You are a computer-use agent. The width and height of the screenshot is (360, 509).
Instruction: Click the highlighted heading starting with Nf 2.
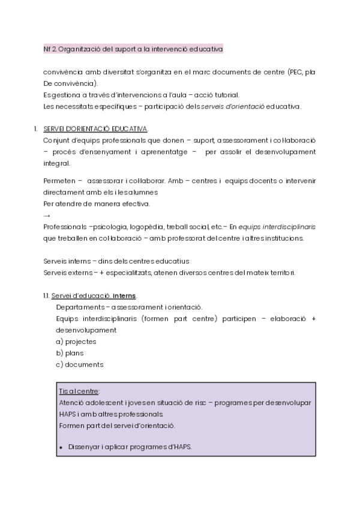[x=129, y=48]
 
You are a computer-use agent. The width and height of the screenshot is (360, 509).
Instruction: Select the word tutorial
[x=225, y=95]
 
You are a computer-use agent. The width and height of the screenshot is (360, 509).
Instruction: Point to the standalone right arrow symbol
[x=47, y=215]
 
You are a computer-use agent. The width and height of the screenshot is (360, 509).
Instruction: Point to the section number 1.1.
[x=46, y=296]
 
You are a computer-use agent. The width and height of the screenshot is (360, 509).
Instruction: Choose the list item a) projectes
[x=76, y=342]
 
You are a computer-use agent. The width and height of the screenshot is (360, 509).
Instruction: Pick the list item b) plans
[x=70, y=353]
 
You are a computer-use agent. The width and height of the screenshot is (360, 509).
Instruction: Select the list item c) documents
[x=79, y=364]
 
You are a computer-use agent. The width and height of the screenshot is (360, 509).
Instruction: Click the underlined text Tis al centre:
[x=79, y=391]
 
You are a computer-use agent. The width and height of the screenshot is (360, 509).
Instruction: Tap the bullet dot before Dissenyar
[x=62, y=447]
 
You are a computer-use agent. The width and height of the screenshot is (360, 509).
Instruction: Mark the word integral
[x=57, y=163]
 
